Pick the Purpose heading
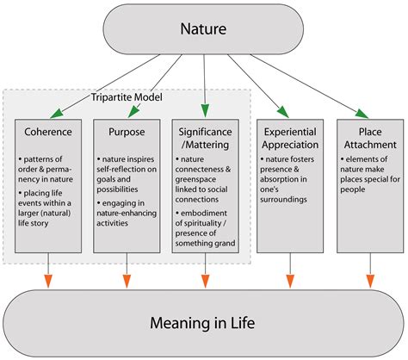(x=126, y=133)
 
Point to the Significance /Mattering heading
(x=205, y=140)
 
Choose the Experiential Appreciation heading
(x=288, y=140)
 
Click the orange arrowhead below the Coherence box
(x=48, y=280)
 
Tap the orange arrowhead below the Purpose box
(x=127, y=280)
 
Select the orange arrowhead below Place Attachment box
(x=371, y=280)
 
